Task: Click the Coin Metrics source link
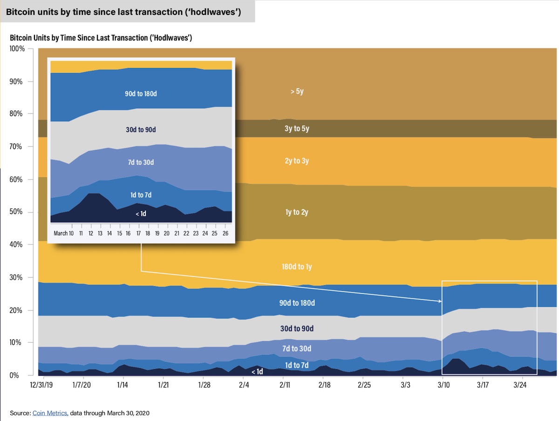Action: pyautogui.click(x=50, y=413)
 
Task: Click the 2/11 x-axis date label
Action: pyautogui.click(x=286, y=386)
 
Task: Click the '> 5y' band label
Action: pyautogui.click(x=297, y=91)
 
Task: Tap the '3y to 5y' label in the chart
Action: pyautogui.click(x=297, y=129)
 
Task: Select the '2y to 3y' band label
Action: pyautogui.click(x=297, y=161)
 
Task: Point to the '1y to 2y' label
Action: pyautogui.click(x=297, y=213)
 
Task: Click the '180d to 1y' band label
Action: pyautogui.click(x=297, y=267)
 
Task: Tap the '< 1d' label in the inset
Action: pyautogui.click(x=141, y=214)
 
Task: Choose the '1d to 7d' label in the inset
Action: pyautogui.click(x=141, y=195)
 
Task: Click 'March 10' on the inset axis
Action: pyautogui.click(x=64, y=233)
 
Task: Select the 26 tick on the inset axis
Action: pyautogui.click(x=226, y=233)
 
